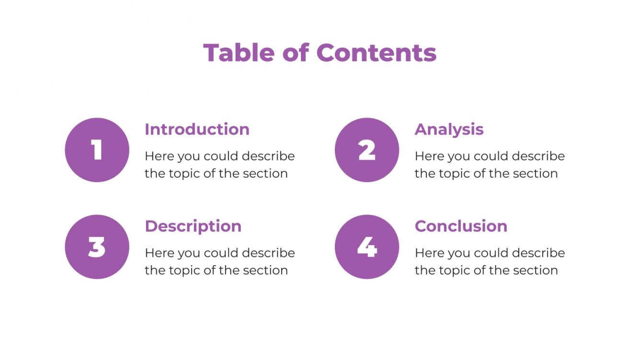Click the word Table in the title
239,53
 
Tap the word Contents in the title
376,53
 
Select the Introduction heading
197,129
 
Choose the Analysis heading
449,130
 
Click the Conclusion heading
461,226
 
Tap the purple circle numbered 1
97,150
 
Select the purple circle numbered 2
367,150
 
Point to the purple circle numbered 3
97,247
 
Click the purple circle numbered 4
367,247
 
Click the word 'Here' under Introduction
158,156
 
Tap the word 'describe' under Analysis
538,156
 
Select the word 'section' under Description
265,270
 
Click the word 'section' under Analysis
536,173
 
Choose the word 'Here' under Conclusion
428,253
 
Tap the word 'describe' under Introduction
268,156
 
